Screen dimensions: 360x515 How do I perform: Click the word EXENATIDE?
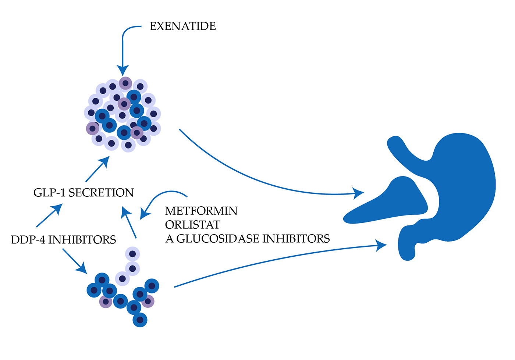point(183,26)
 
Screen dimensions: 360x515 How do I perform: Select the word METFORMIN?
point(201,211)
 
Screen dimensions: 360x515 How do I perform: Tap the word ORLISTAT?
point(192,225)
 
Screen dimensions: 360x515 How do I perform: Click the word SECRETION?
point(101,193)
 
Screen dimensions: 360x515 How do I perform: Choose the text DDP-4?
point(28,240)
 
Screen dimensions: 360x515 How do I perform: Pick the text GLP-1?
point(50,193)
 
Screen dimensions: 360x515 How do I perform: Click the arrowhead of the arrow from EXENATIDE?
point(123,70)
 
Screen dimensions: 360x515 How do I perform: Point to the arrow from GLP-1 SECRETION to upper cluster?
point(97,169)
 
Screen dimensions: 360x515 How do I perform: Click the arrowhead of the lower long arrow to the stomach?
point(381,245)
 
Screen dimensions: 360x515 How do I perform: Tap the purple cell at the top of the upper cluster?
point(125,83)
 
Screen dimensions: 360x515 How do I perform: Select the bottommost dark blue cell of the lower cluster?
point(140,320)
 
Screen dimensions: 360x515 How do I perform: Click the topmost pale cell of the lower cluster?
point(132,254)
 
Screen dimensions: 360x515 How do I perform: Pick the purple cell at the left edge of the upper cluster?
point(92,129)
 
